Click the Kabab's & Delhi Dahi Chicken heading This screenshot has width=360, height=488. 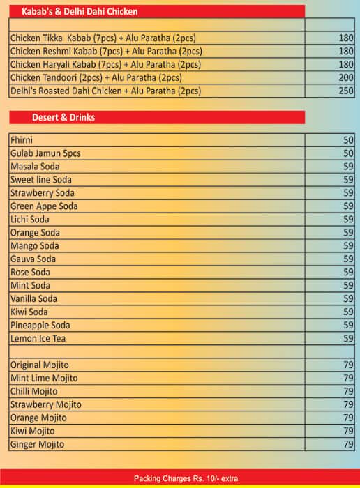(x=80, y=12)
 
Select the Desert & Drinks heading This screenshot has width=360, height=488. (x=63, y=117)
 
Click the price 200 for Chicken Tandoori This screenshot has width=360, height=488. (x=346, y=77)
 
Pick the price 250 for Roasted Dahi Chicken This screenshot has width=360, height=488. (x=346, y=91)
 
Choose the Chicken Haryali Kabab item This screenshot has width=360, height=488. (x=105, y=64)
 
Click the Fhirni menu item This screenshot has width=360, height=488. (x=22, y=140)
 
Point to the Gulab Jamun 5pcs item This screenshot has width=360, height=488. (x=45, y=153)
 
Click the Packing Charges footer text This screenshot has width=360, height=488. (x=180, y=478)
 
